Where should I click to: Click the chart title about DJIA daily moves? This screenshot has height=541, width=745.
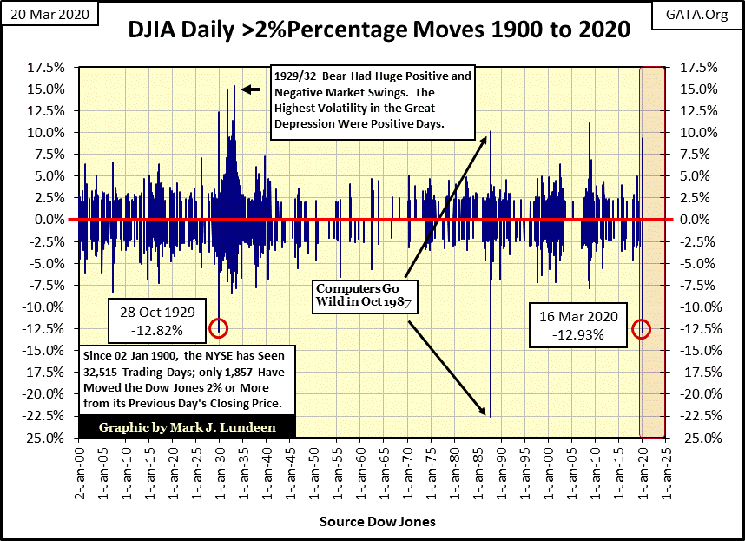coord(379,31)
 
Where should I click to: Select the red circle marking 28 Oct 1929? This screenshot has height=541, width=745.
coord(218,327)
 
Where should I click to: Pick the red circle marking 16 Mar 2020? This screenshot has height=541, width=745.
coord(641,327)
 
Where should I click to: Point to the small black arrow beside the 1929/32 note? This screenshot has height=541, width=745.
coord(250,89)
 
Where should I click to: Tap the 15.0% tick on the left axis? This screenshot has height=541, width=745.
coord(49,89)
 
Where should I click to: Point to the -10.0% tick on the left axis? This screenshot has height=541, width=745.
coord(49,307)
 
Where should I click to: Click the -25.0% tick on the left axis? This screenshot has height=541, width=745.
coord(49,437)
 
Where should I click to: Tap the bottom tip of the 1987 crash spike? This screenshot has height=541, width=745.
coord(491,416)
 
